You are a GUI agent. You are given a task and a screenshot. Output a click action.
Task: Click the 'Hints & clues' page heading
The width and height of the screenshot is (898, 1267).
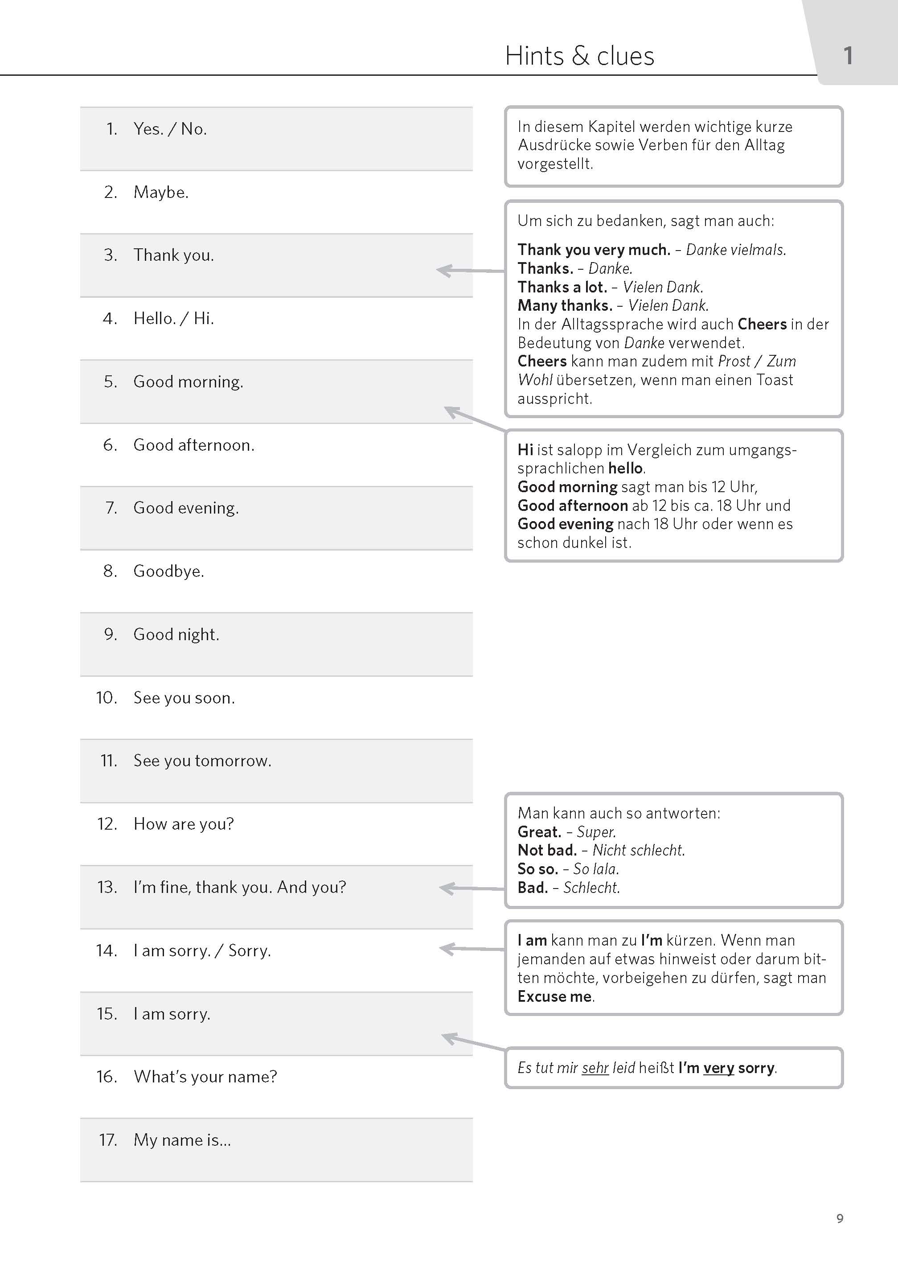[x=579, y=56]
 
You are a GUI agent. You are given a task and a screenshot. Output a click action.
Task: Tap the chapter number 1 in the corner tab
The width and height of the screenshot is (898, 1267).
[x=848, y=56]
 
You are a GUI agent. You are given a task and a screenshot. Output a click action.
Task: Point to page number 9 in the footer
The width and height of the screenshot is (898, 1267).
[x=839, y=1218]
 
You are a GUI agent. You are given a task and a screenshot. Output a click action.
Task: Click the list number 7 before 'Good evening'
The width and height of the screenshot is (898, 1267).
[x=111, y=508]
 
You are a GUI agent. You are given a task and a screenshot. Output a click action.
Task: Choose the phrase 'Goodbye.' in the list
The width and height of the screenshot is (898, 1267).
[x=168, y=571]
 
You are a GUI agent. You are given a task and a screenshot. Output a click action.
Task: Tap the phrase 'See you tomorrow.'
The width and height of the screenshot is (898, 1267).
[x=202, y=761]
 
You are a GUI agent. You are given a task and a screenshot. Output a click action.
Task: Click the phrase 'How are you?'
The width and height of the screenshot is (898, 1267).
[x=184, y=824]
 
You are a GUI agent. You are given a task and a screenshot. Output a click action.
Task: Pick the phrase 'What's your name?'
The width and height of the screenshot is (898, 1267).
[x=205, y=1077]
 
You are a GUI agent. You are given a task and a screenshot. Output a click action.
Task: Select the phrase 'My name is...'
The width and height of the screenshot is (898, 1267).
[x=182, y=1140]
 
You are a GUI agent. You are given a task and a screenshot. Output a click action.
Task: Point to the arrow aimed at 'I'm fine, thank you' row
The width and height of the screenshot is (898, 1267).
[x=471, y=888]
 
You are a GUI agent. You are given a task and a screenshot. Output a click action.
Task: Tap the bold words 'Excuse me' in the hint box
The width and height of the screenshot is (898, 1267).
[x=554, y=996]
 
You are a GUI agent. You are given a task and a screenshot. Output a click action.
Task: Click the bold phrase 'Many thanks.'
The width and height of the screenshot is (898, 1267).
[x=565, y=305]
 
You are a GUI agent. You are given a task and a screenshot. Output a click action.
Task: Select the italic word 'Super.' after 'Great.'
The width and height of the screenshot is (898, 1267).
[x=596, y=832]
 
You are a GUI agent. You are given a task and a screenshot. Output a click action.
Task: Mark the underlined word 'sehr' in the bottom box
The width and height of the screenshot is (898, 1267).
[x=595, y=1068]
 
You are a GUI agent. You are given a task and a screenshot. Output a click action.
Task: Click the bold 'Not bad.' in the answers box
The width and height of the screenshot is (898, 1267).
[x=547, y=850]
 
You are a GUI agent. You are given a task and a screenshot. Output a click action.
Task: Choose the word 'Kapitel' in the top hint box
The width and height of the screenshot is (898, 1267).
[x=611, y=127]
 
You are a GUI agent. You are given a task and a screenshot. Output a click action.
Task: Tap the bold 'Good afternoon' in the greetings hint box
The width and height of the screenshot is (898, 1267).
[x=572, y=506]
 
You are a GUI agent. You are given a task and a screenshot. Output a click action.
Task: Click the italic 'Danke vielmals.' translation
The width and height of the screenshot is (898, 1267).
[x=735, y=250]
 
